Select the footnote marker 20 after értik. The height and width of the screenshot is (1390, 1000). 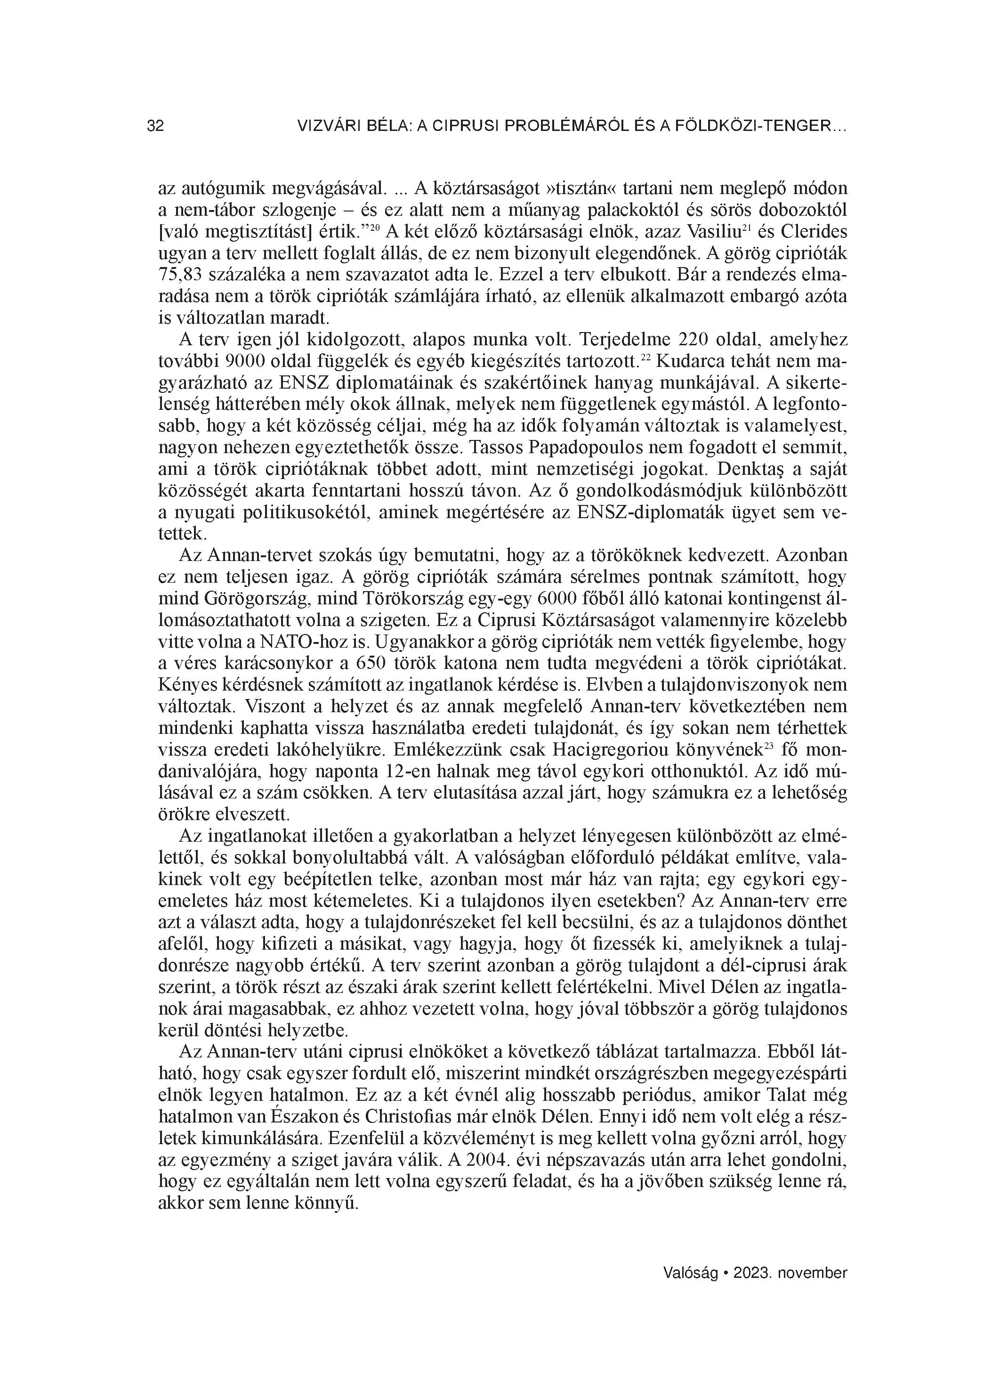375,228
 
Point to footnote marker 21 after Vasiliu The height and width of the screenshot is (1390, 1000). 746,228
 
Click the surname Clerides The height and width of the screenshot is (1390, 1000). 812,233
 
